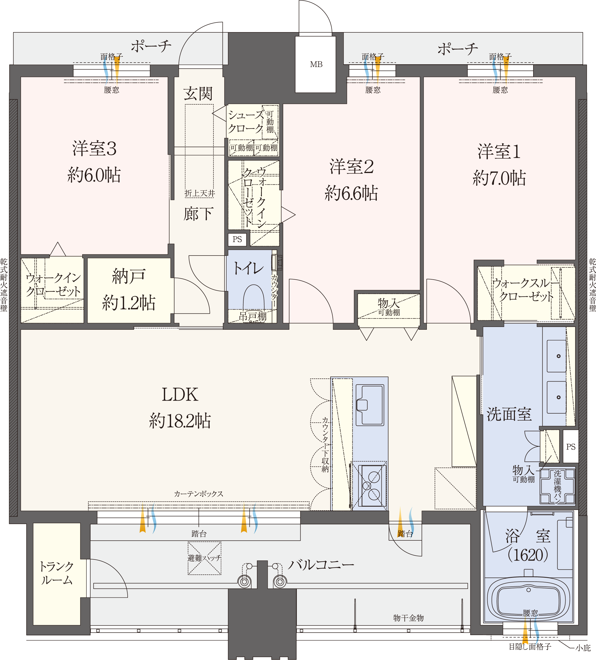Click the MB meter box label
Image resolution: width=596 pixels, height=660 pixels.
pos(316,65)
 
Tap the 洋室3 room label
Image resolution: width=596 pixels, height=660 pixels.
pos(94,149)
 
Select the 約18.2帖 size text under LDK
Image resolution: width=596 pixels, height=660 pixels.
pos(180,421)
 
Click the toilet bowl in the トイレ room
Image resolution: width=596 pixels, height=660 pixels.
pos(253,297)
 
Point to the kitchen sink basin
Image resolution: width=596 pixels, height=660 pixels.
pos(370,405)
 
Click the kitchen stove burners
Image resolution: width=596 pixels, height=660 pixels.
pos(372,485)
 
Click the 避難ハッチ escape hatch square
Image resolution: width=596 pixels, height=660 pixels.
pos(204,558)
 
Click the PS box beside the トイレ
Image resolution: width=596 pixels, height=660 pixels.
pos(237,239)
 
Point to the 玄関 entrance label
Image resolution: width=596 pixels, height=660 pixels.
pos(198,94)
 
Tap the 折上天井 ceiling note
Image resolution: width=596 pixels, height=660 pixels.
pos(200,194)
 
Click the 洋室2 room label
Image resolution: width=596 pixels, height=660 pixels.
pos(351,167)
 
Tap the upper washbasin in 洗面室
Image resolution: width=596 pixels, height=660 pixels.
pos(556,356)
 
